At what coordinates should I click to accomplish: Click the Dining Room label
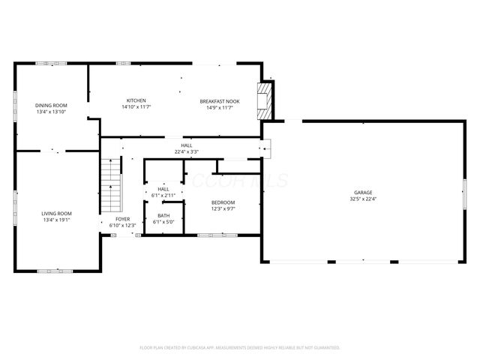pyautogui.click(x=52, y=105)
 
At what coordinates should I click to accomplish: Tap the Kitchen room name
pyautogui.click(x=136, y=100)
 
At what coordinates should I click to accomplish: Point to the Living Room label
pyautogui.click(x=56, y=214)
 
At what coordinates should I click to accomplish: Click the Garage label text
pyautogui.click(x=364, y=192)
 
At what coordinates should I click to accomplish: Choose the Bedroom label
pyautogui.click(x=223, y=202)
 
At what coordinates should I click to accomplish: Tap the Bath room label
pyautogui.click(x=163, y=215)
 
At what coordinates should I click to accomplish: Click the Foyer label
pyautogui.click(x=122, y=219)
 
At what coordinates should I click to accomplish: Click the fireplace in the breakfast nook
pyautogui.click(x=263, y=100)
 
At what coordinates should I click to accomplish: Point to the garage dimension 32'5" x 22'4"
pyautogui.click(x=364, y=199)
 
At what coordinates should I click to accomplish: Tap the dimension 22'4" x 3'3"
pyautogui.click(x=185, y=151)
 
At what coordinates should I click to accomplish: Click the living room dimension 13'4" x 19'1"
pyautogui.click(x=56, y=220)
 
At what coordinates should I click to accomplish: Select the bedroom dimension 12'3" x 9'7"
pyautogui.click(x=223, y=209)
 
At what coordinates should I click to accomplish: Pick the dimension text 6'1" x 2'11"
pyautogui.click(x=163, y=195)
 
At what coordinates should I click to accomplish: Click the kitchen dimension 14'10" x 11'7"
pyautogui.click(x=136, y=107)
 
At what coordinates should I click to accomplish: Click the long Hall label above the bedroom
pyautogui.click(x=185, y=145)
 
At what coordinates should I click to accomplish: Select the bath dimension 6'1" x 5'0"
pyautogui.click(x=163, y=222)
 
